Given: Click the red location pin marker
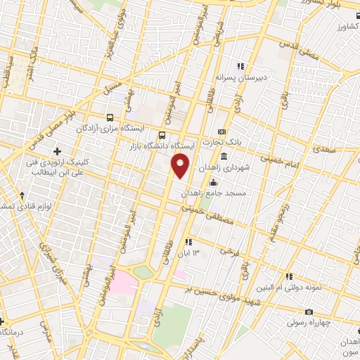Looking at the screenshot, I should click(181, 165).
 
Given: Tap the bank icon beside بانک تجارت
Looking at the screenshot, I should click(223, 131).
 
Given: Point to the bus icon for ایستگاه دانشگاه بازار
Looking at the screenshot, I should click(162, 135).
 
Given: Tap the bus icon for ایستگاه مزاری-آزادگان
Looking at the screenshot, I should click(109, 118).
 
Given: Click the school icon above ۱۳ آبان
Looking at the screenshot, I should click(188, 242).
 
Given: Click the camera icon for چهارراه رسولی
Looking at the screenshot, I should click(308, 311).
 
